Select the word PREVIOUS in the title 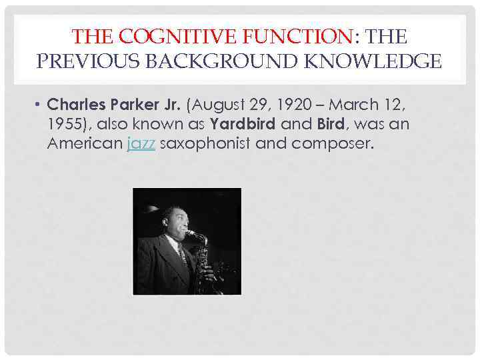click(x=86, y=62)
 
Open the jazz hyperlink click(x=141, y=143)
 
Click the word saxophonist click(x=205, y=143)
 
